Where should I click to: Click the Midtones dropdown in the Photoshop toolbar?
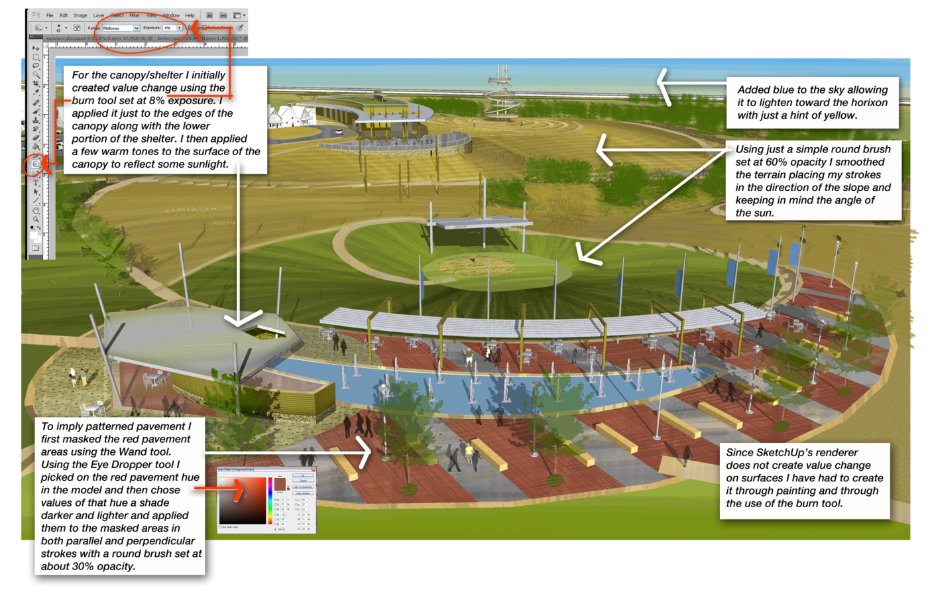coord(120,28)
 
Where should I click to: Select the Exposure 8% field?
coord(170,28)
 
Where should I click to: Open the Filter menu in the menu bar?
coord(134,15)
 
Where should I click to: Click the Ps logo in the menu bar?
coord(36,15)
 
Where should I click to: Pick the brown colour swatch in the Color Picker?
coord(280,485)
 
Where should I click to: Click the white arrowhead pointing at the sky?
coord(664,85)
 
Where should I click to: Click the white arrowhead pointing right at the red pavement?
coord(365,452)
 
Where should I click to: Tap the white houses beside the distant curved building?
coord(290,118)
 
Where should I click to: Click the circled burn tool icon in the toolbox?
coord(36,164)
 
